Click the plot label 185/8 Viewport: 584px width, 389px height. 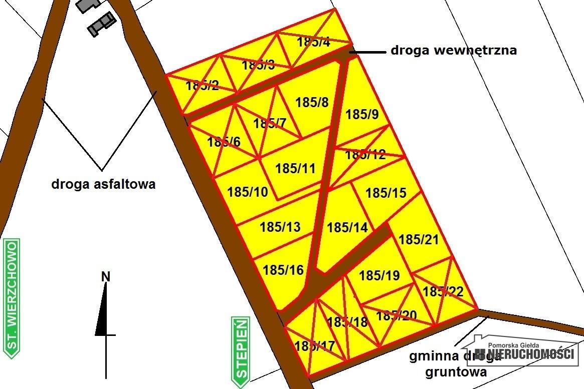click(x=312, y=103)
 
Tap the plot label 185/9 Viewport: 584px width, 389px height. click(x=362, y=115)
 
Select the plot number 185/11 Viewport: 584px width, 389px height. click(x=296, y=168)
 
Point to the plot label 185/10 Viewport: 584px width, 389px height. click(x=248, y=192)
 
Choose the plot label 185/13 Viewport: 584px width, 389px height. click(x=280, y=227)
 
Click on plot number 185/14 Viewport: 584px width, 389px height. click(x=347, y=228)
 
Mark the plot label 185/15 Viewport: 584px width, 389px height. click(x=386, y=193)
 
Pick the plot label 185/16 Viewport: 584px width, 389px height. click(x=283, y=270)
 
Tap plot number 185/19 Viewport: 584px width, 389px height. click(x=379, y=275)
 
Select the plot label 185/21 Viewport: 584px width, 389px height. click(x=419, y=240)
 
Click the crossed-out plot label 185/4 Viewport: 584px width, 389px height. click(x=314, y=42)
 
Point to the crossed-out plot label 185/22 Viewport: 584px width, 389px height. click(x=443, y=291)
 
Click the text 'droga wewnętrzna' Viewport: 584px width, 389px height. click(x=453, y=50)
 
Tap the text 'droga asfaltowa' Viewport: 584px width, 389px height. click(x=103, y=184)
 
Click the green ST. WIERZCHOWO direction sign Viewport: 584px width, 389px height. click(x=12, y=298)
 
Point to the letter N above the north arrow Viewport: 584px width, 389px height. click(x=105, y=276)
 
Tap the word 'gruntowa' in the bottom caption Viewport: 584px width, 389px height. click(x=456, y=372)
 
